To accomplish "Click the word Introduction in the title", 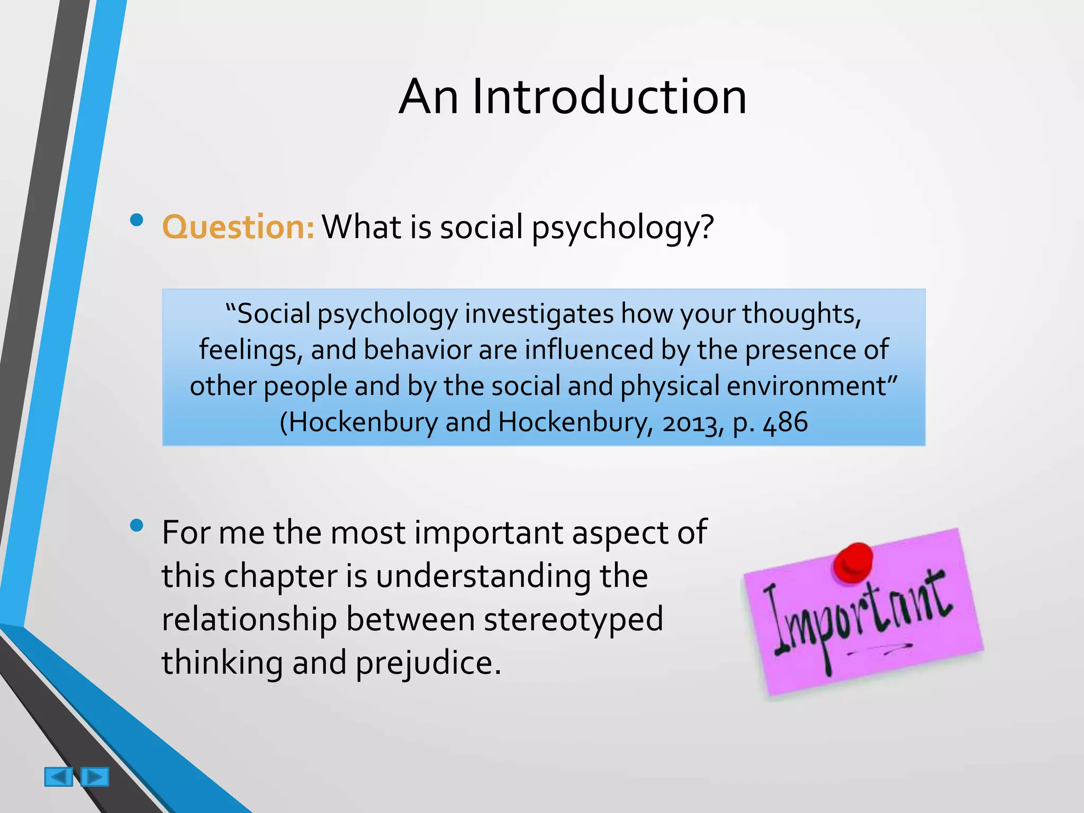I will (x=609, y=97).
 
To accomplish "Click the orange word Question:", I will (x=238, y=227).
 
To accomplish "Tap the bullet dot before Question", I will (x=137, y=220).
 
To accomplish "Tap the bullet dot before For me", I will (x=137, y=525).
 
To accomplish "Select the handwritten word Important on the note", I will (x=857, y=619).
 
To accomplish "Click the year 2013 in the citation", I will (x=692, y=423).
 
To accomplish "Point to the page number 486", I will (x=785, y=422).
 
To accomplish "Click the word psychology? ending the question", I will (x=622, y=228).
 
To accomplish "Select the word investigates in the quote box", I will (x=539, y=314).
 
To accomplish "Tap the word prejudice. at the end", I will (x=428, y=663).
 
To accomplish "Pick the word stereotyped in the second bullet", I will (x=573, y=619).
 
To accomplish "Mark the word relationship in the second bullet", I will (x=249, y=619).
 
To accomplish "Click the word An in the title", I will (x=428, y=97).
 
